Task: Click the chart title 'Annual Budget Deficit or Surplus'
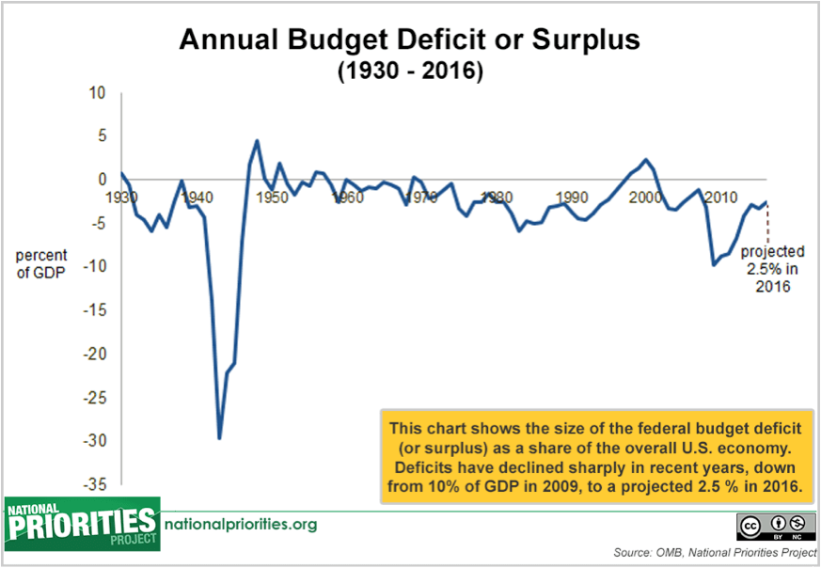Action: (x=409, y=39)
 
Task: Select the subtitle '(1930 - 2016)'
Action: (x=410, y=71)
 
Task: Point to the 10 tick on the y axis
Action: (x=98, y=93)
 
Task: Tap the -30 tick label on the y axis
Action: (x=94, y=441)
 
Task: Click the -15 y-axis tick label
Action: (x=94, y=310)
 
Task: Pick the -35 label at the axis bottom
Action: (x=94, y=484)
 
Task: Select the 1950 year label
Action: (x=273, y=197)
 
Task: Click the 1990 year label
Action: (x=572, y=197)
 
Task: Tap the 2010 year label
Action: (x=721, y=197)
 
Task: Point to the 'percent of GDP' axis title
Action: (x=40, y=264)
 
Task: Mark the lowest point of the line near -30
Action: (x=219, y=438)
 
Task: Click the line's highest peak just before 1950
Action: (x=257, y=141)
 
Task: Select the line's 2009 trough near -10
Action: (x=713, y=265)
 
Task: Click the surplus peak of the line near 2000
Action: (x=645, y=160)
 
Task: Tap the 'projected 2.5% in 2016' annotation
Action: (x=772, y=269)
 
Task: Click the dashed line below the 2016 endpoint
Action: (x=766, y=223)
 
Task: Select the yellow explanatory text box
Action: (x=595, y=457)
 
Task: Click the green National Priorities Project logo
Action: (x=82, y=524)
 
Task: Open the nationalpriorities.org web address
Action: (x=241, y=524)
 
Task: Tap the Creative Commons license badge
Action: (x=777, y=527)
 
